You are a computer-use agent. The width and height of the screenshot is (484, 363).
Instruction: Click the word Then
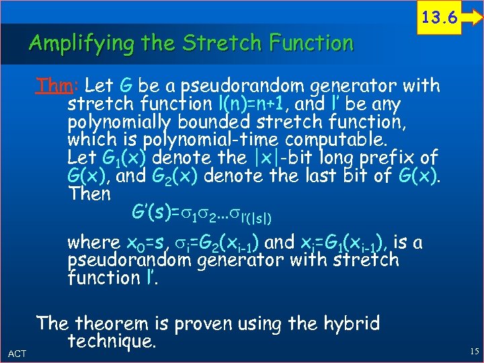click(89, 194)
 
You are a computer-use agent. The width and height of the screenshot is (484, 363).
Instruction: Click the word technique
click(112, 342)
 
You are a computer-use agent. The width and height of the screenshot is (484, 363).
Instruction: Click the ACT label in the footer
click(16, 352)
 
